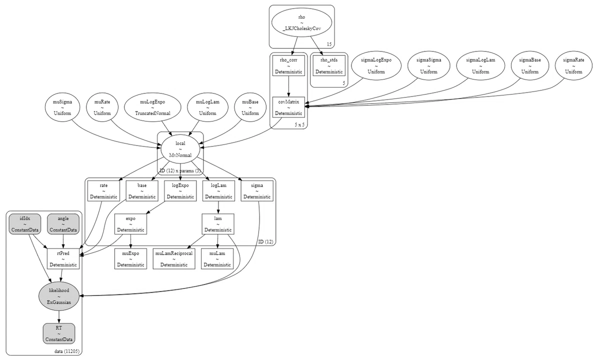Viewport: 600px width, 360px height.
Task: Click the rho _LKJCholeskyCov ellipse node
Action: pos(301,23)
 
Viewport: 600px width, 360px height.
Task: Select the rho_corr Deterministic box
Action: pos(288,65)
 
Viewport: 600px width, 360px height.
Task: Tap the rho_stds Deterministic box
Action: pos(329,65)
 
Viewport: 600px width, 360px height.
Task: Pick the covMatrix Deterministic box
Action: pos(288,107)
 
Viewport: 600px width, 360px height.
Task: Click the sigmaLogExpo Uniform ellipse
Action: pos(376,65)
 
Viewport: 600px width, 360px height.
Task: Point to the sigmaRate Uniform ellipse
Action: pos(573,65)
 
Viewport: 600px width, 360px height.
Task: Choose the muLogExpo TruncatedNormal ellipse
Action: pos(152,107)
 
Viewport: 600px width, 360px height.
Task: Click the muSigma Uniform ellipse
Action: pos(62,107)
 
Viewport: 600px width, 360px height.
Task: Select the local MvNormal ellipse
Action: pos(180,149)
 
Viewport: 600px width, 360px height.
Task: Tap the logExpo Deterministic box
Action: pos(180,190)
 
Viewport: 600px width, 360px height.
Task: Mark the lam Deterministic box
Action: pos(218,224)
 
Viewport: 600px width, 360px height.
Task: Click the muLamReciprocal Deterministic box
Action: pos(174,259)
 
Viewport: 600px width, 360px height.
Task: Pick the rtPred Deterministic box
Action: pos(63,259)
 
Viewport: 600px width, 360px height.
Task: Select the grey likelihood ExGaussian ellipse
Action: pos(59,296)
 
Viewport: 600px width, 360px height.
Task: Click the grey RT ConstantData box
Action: pos(59,333)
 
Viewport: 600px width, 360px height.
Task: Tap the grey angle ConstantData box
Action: pos(63,224)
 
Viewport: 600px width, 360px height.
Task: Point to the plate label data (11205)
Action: pos(67,351)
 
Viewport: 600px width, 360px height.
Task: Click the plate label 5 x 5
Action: pos(299,124)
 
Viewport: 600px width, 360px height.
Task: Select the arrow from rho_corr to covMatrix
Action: pos(288,86)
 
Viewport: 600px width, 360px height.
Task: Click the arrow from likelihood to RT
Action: pos(59,317)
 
